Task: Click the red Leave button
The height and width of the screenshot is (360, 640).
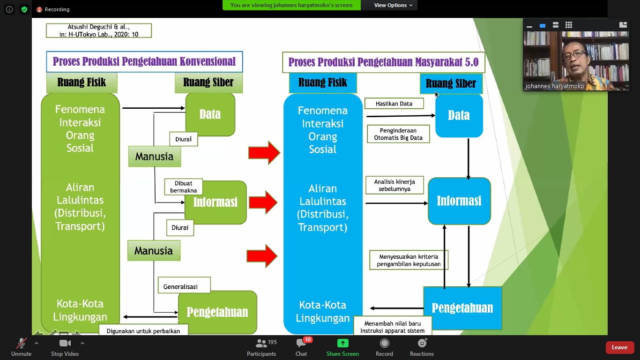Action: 619,347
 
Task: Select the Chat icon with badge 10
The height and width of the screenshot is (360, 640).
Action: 301,343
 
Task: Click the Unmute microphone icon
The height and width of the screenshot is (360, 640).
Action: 22,343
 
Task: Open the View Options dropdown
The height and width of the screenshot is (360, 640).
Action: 393,5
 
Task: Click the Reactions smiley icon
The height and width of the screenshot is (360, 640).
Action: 422,343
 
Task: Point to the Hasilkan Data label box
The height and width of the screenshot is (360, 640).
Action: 394,104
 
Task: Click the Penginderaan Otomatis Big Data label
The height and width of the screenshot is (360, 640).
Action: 398,134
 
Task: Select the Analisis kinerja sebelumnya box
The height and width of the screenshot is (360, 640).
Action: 394,185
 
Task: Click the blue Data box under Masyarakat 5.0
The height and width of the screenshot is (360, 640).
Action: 459,115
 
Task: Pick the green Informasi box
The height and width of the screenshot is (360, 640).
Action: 216,202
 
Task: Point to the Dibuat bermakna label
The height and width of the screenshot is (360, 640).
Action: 184,187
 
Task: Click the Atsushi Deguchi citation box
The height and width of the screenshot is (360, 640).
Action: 99,30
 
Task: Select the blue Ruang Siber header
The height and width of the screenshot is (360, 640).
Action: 451,83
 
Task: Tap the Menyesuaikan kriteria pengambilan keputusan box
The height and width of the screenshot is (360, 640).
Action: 409,260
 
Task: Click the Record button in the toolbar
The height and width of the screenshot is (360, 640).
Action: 384,347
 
